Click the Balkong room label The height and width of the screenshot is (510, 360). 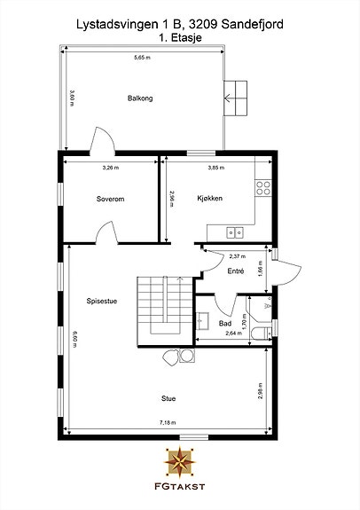click(x=140, y=98)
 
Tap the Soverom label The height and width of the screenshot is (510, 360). click(x=110, y=199)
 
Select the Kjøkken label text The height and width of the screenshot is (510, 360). click(x=210, y=198)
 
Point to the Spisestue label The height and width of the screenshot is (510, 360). click(x=102, y=301)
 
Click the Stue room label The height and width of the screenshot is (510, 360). click(x=168, y=398)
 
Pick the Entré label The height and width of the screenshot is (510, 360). click(x=236, y=271)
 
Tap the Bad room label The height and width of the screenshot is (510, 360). click(x=225, y=324)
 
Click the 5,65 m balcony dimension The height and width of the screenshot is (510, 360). click(x=143, y=58)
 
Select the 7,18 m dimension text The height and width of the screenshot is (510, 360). click(x=168, y=422)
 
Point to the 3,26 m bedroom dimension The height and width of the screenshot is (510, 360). click(x=111, y=168)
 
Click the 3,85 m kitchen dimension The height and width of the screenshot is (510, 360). click(x=216, y=168)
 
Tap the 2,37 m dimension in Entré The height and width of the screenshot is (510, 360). click(x=238, y=256)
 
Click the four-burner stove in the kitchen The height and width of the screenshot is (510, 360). click(x=263, y=188)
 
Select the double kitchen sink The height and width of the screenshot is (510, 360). click(x=235, y=232)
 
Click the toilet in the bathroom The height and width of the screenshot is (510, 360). click(x=262, y=333)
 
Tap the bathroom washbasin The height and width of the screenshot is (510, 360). click(x=202, y=321)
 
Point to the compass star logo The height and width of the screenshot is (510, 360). click(x=180, y=461)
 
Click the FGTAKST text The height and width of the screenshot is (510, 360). click(x=179, y=486)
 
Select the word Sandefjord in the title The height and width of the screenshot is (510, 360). click(x=253, y=25)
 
